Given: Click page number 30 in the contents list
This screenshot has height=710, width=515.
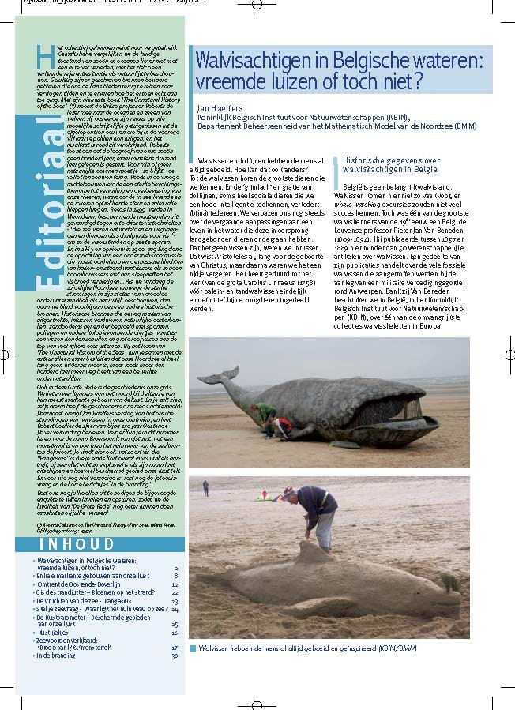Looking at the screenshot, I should coord(175,656).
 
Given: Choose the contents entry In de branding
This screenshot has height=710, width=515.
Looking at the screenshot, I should coord(55,656).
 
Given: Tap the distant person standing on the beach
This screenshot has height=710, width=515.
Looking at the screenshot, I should coord(205,488).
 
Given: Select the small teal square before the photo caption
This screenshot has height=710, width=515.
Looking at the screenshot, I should coord(192,648).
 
